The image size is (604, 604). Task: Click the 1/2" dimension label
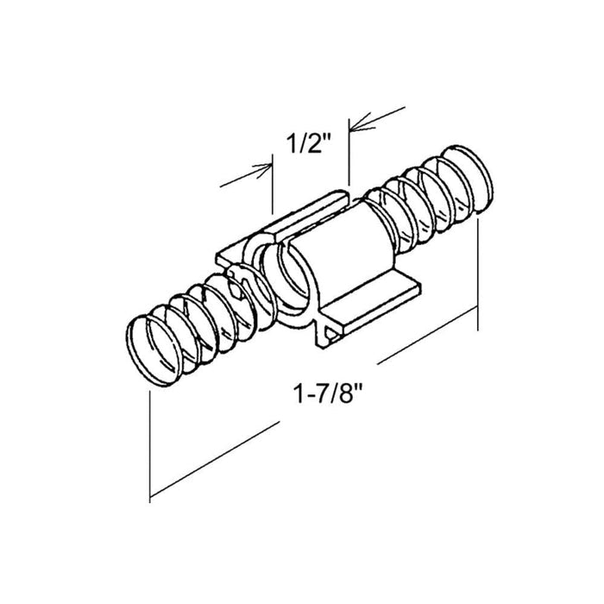pos(309,144)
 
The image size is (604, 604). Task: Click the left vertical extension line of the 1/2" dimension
pos(273,184)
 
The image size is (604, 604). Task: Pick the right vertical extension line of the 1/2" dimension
pos(349,153)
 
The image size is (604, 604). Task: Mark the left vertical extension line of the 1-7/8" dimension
pos(149,446)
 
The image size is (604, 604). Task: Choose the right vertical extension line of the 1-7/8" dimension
pos(478,274)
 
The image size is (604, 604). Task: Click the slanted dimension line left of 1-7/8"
pos(215,459)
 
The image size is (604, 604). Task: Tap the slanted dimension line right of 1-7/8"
pos(428,335)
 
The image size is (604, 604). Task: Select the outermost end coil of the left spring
pos(154,350)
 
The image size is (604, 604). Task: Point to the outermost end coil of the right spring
pos(468,179)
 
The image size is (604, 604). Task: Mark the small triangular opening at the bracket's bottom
pos(330,333)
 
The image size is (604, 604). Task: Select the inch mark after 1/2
pos(327,137)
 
